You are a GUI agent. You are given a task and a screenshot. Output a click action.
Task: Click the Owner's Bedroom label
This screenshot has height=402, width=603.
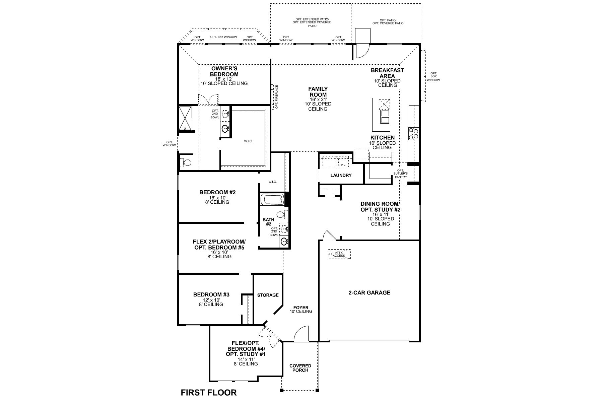(x=224, y=71)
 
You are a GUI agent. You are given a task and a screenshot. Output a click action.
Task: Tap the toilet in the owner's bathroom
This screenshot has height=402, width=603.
(x=186, y=163)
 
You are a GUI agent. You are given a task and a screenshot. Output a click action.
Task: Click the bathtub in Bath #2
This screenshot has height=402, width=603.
(x=272, y=200)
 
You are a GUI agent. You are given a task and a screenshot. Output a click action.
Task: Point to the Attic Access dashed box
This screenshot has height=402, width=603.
(x=339, y=254)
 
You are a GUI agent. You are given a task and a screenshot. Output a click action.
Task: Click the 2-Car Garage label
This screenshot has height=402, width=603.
(x=369, y=292)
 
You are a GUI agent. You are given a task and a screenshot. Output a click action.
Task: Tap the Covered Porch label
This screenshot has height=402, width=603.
(x=300, y=368)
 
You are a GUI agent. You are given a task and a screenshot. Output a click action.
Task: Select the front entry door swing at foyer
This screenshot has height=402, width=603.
(x=300, y=334)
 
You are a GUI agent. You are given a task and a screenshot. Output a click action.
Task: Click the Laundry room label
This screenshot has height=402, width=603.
(x=341, y=175)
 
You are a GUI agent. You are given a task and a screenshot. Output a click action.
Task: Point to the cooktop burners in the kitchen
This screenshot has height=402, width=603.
(x=413, y=133)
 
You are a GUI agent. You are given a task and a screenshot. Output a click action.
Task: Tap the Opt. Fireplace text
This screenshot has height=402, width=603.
(x=277, y=97)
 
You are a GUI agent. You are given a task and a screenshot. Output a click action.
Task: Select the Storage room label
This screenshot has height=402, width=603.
(x=268, y=295)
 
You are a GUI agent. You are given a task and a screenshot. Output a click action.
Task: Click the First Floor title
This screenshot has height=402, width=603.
(x=208, y=392)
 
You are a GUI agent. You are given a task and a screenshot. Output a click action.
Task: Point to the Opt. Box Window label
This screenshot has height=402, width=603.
(x=433, y=77)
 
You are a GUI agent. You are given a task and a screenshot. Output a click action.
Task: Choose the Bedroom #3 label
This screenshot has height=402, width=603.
(x=211, y=295)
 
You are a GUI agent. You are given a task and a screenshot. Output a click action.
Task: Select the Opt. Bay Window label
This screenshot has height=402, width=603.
(x=223, y=37)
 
